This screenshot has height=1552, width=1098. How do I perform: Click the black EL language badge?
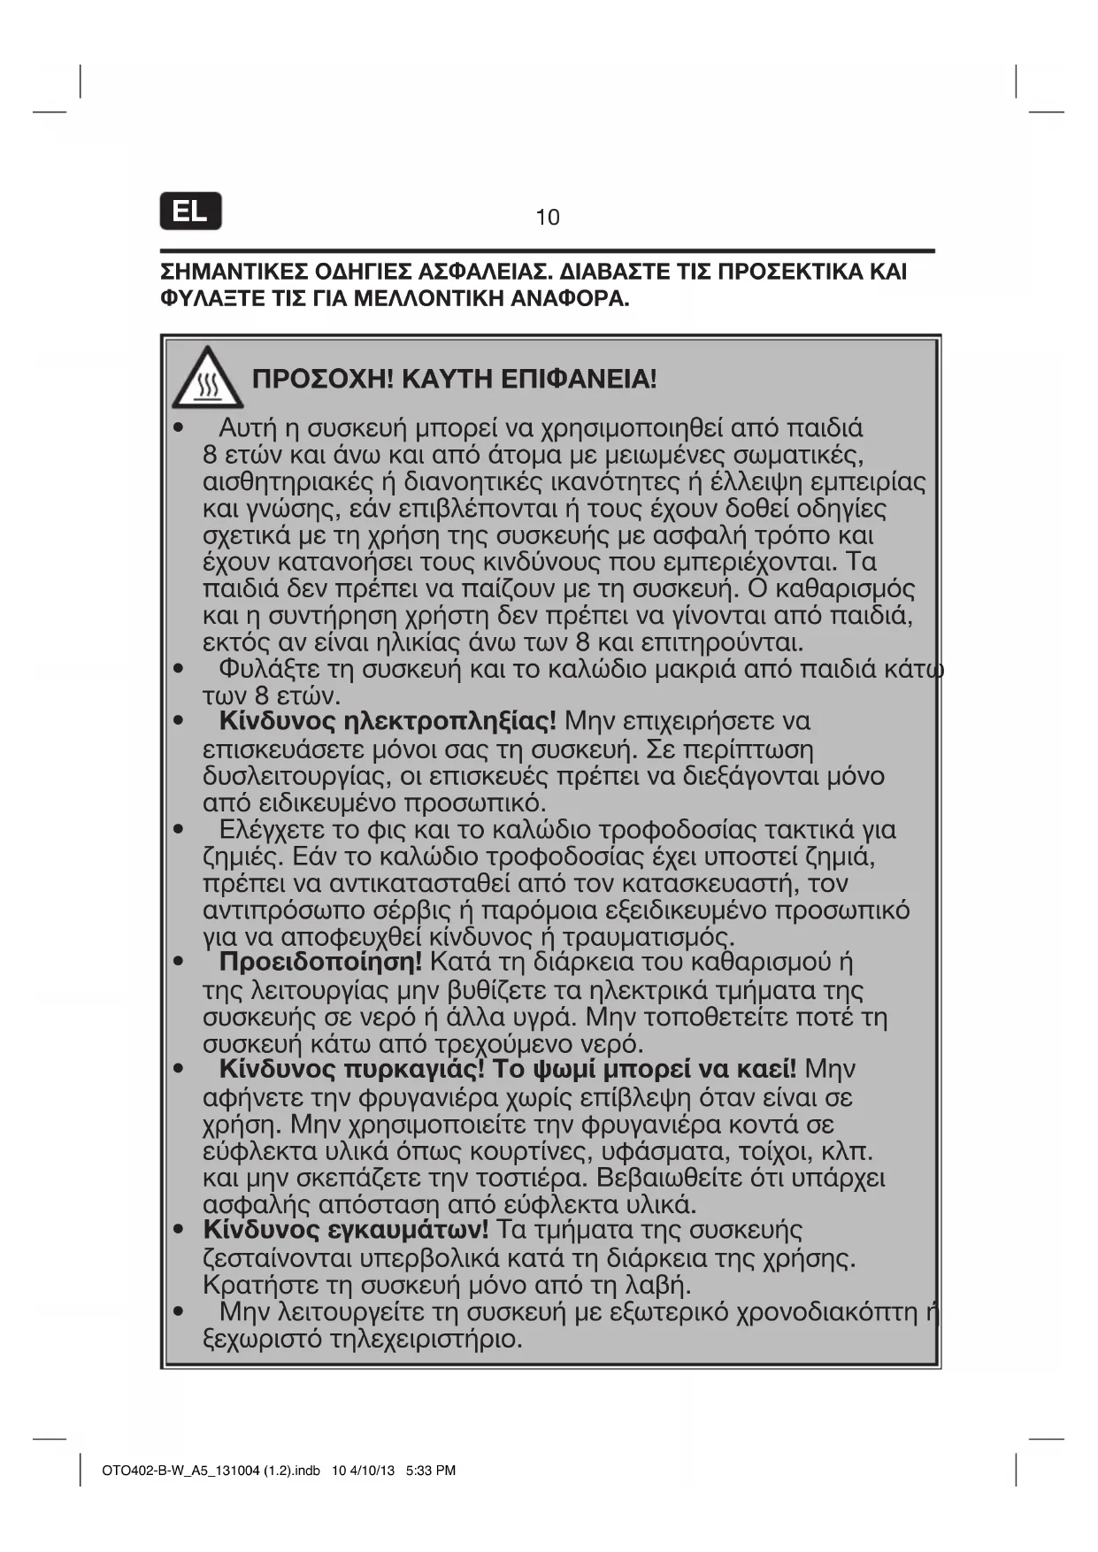pyautogui.click(x=190, y=211)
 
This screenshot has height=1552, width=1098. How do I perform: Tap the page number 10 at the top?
pyautogui.click(x=548, y=218)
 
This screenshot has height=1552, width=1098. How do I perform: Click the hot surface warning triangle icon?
pyautogui.click(x=207, y=378)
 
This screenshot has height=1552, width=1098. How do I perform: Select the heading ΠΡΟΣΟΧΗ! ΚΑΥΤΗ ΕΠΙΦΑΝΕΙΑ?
pyautogui.click(x=455, y=380)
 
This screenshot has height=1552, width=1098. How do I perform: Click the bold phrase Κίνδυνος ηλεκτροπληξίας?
pyautogui.click(x=388, y=721)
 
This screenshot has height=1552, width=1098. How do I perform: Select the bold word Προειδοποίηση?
pyautogui.click(x=320, y=962)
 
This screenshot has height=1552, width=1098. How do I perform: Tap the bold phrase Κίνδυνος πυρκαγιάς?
pyautogui.click(x=352, y=1069)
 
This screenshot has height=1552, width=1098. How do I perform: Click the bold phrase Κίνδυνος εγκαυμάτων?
pyautogui.click(x=345, y=1230)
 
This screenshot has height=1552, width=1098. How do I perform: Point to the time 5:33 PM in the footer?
pyautogui.click(x=430, y=1471)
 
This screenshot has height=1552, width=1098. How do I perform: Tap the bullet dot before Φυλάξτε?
pyautogui.click(x=179, y=669)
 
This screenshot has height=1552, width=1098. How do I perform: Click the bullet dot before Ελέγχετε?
pyautogui.click(x=179, y=830)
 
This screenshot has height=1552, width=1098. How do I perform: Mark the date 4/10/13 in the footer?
pyautogui.click(x=372, y=1471)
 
